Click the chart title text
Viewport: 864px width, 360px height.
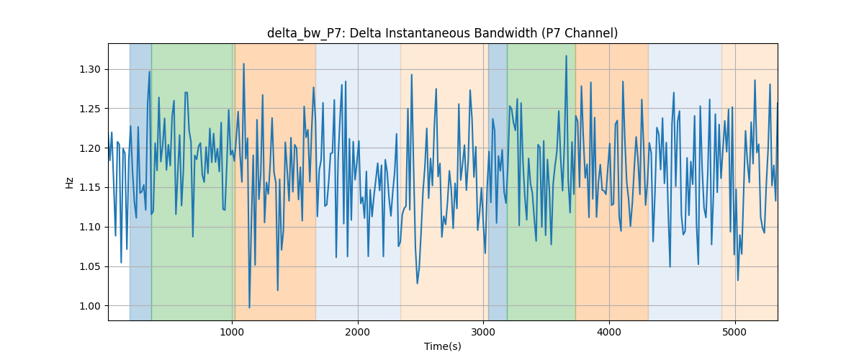tap(442, 34)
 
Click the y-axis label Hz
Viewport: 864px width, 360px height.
tap(69, 182)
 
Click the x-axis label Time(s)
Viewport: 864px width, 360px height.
tap(442, 346)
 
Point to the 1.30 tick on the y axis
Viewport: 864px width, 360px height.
tap(90, 70)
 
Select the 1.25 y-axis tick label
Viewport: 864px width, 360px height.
tap(90, 109)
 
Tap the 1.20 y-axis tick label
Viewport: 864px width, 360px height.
tap(90, 148)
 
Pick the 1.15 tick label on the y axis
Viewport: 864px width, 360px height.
tap(90, 188)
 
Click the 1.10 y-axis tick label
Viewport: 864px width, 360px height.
tap(90, 228)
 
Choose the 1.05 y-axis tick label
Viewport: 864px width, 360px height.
tap(90, 266)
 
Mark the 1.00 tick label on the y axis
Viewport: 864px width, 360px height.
tap(90, 306)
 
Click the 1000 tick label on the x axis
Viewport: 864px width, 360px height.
tap(232, 333)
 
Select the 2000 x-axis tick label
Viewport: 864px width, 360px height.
tap(358, 333)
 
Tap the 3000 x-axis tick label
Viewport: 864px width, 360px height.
tap(483, 333)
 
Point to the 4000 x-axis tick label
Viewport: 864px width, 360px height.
tap(609, 333)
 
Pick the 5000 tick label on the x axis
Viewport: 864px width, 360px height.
tap(735, 333)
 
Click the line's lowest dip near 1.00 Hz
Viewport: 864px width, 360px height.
tap(250, 307)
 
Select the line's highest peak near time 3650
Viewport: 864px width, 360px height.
tap(566, 56)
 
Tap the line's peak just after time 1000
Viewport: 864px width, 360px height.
tap(244, 64)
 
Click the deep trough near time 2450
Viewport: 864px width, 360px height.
tap(417, 283)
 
